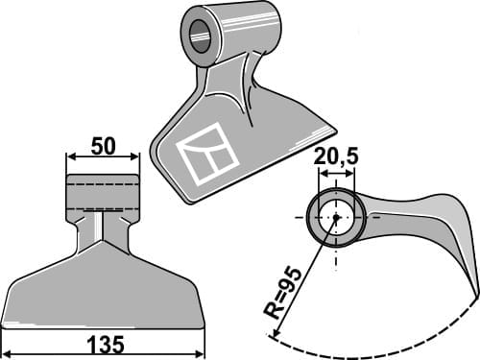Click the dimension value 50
pos(103,147)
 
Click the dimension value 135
pos(104,345)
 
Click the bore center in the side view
pos(337,217)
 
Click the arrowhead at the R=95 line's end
pos(276,336)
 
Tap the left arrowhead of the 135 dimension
pos(5,353)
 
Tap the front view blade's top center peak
pos(103,241)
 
